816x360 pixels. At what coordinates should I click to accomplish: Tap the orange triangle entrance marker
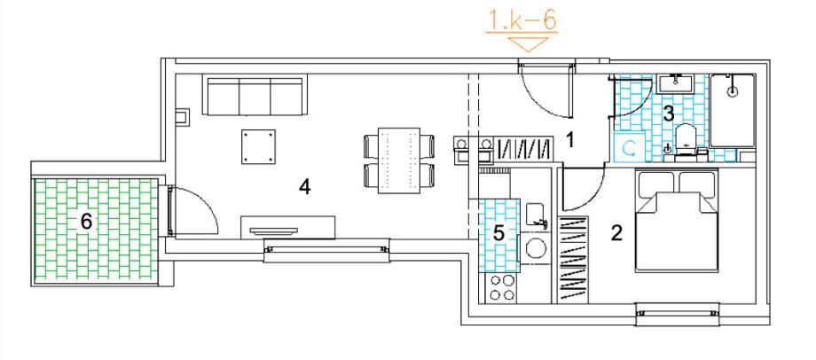tap(530, 44)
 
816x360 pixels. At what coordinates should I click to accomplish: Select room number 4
tap(304, 187)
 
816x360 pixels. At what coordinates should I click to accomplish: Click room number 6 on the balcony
tap(86, 223)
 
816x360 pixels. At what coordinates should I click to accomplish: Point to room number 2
tap(616, 233)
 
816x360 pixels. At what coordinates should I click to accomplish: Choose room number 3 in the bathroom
tap(668, 113)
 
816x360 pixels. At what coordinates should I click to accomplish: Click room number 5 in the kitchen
tap(498, 233)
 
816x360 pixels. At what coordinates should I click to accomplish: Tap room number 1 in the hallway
tap(570, 139)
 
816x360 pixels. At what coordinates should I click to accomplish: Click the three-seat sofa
tap(255, 95)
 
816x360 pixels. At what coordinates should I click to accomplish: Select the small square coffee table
tap(258, 146)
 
